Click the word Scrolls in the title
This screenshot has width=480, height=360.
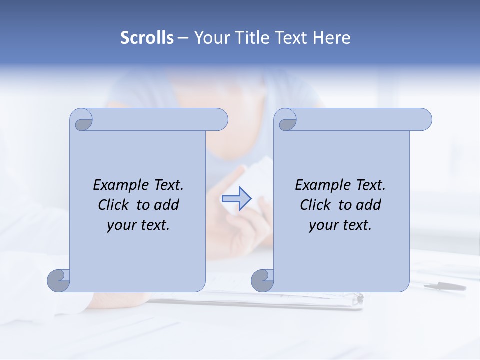pyautogui.click(x=147, y=38)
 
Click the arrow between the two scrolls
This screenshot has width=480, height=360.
pyautogui.click(x=236, y=198)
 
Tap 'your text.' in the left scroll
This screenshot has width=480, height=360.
pyautogui.click(x=138, y=225)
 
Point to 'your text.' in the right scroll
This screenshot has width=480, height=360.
pyautogui.click(x=340, y=225)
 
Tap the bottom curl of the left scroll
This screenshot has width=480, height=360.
pyautogui.click(x=58, y=280)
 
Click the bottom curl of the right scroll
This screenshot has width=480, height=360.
pyautogui.click(x=262, y=280)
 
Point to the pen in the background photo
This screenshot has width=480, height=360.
pyautogui.click(x=445, y=286)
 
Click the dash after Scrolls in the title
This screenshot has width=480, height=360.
pyautogui.click(x=183, y=38)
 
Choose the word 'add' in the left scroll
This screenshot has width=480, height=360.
pyautogui.click(x=167, y=205)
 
